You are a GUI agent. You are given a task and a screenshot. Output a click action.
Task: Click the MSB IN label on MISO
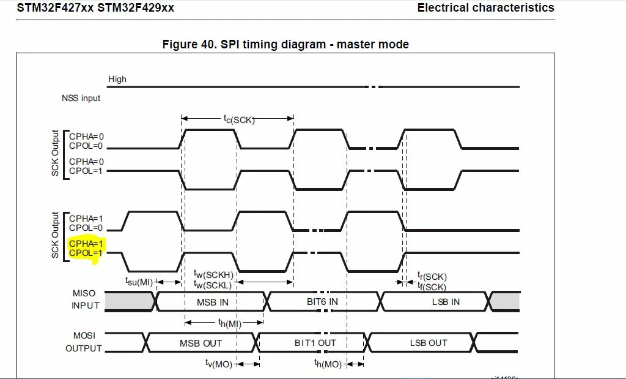tap(212, 302)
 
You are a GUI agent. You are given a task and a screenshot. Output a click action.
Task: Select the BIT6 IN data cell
tap(322, 301)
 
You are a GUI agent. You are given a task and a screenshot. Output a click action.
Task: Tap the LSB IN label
tap(446, 302)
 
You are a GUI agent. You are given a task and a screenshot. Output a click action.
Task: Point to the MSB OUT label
tap(201, 343)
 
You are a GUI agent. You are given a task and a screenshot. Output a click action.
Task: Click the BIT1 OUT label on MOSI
tap(315, 343)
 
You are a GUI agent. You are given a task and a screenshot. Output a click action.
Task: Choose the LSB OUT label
tap(429, 343)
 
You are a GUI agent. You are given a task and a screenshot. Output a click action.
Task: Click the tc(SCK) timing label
tap(239, 119)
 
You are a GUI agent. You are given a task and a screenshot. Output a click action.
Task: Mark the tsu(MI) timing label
tap(139, 282)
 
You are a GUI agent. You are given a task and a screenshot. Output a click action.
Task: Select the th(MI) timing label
tap(230, 323)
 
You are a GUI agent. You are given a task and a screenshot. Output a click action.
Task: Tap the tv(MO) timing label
tap(218, 364)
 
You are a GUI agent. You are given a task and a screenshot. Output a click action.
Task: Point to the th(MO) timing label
tap(328, 364)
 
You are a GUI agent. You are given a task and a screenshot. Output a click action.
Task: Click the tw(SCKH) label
tap(213, 274)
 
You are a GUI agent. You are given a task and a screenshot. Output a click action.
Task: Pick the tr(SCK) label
tap(432, 276)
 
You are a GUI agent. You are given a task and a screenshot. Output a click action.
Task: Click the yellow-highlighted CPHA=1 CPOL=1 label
tap(86, 248)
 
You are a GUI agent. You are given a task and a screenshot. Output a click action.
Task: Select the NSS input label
tap(81, 98)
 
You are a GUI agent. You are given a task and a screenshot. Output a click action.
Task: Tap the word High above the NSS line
tap(117, 79)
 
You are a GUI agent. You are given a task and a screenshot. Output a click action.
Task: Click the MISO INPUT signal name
tap(85, 299)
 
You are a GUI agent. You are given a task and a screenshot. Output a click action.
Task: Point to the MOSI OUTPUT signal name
tap(84, 342)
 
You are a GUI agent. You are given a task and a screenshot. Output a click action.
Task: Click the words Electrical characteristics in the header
tap(486, 7)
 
